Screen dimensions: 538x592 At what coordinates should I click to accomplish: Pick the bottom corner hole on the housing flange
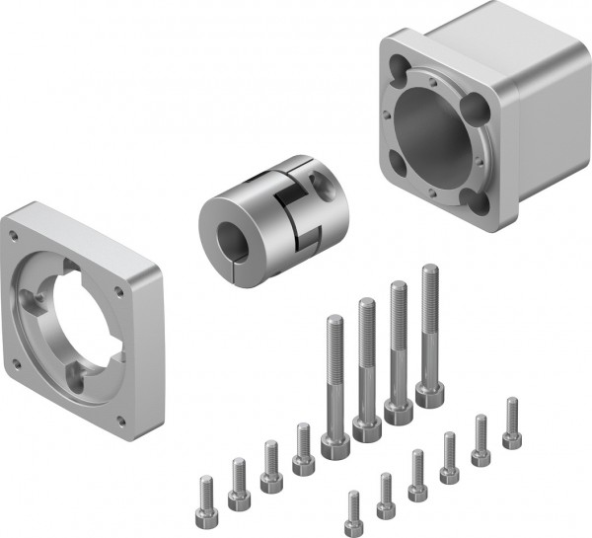(x=480, y=201)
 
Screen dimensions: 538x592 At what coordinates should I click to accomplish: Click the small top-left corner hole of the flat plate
(x=14, y=236)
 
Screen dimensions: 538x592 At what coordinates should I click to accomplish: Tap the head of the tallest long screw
(x=429, y=393)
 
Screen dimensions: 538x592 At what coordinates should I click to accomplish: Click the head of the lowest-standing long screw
(x=335, y=444)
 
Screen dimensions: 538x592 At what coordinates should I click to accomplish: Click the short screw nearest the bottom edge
(x=353, y=508)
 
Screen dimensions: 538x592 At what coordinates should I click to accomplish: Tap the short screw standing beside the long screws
(x=303, y=449)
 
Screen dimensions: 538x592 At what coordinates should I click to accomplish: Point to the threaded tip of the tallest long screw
(x=429, y=271)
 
